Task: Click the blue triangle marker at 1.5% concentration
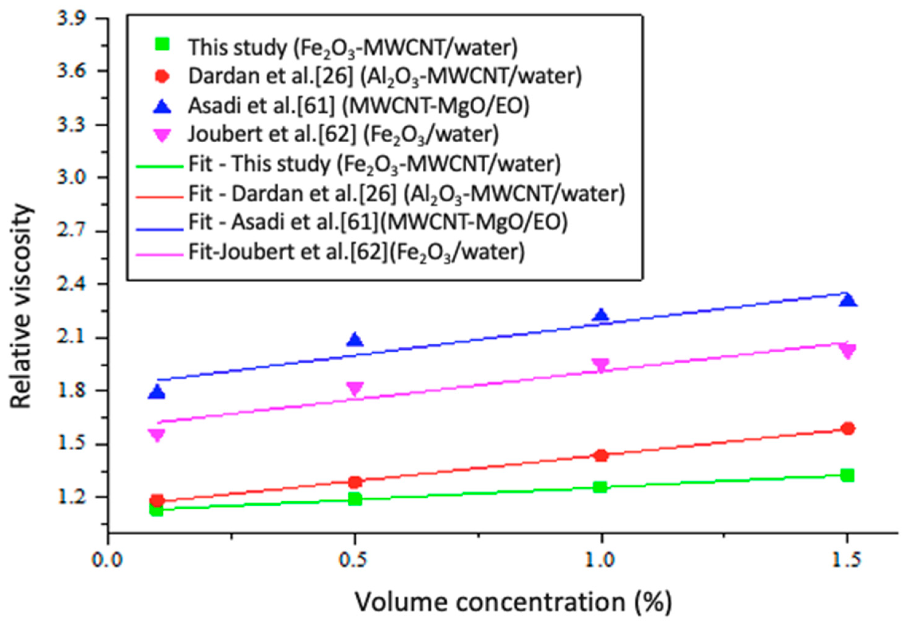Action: (846, 300)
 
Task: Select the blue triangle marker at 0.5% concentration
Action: (355, 340)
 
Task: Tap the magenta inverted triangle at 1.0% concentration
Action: (600, 365)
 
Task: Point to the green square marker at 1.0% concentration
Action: (600, 487)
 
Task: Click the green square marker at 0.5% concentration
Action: (355, 499)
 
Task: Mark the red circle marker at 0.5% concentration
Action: (355, 482)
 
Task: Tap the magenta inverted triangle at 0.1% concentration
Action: (157, 435)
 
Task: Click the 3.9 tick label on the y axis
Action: (71, 19)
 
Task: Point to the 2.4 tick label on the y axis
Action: (71, 284)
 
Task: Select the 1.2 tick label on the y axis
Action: (71, 497)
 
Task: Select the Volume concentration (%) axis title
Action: (513, 602)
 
